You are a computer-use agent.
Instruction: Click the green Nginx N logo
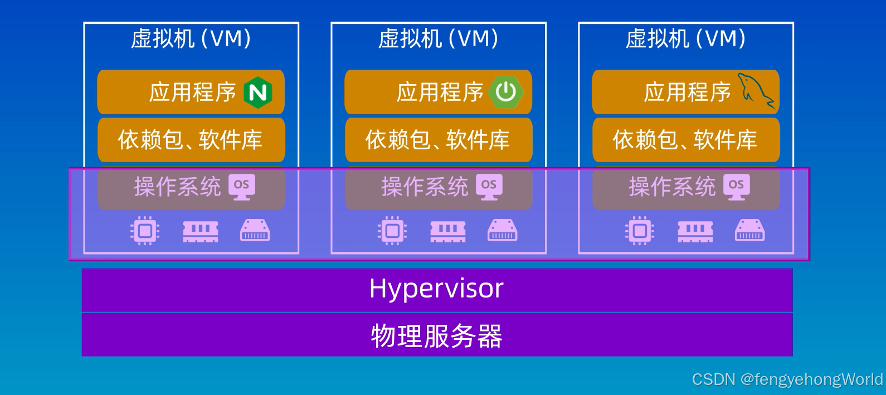[258, 92]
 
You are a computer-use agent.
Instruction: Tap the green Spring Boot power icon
[506, 92]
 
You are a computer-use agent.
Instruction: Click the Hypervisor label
[436, 289]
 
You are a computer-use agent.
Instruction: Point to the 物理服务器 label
[436, 336]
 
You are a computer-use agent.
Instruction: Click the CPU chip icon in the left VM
[145, 230]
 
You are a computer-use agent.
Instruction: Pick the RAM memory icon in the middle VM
[448, 231]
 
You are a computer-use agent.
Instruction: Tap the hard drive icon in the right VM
[750, 230]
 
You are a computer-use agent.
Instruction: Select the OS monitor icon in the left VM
[242, 186]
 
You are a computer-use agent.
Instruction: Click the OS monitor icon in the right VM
[737, 186]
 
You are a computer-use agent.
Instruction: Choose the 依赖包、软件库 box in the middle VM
[438, 140]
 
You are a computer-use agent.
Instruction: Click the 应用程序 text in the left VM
[192, 92]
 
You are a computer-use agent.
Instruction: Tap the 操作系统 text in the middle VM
[425, 187]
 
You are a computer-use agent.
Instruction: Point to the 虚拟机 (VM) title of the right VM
[685, 39]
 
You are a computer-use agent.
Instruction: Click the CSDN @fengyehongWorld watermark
[787, 379]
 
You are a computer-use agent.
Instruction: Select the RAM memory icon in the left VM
[201, 231]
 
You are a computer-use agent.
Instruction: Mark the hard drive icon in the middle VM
[503, 230]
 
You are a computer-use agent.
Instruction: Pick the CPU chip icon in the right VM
[640, 230]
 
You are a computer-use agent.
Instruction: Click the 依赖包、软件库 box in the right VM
[685, 140]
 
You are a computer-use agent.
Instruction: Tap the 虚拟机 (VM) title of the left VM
[191, 39]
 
